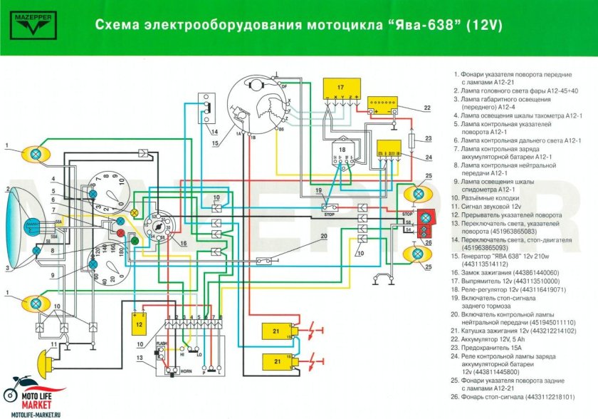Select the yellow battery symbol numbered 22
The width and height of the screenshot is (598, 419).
tap(383, 108)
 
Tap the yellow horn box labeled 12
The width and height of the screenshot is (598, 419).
tap(140, 324)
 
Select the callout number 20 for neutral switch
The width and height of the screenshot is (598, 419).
tap(323, 236)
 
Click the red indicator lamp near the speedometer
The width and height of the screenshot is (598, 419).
tap(121, 233)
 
